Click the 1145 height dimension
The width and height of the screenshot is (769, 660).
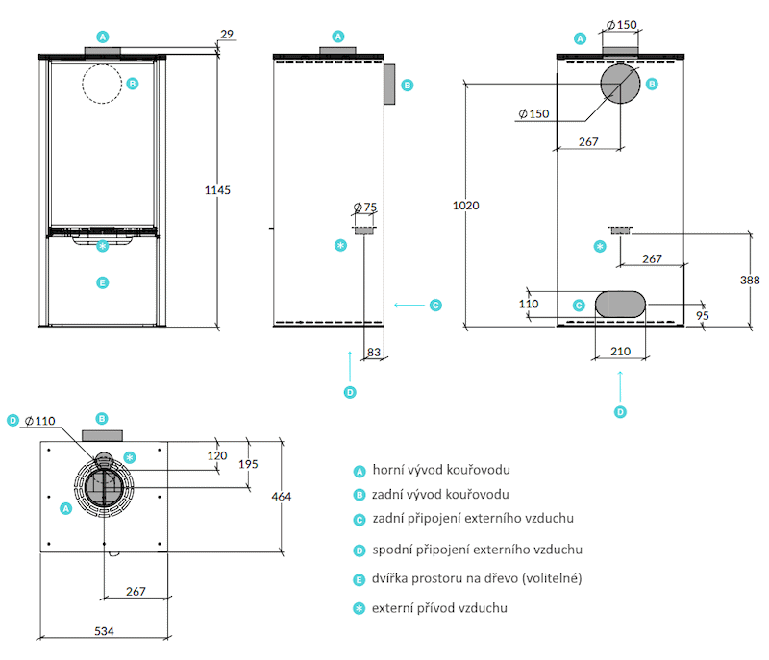[217, 190]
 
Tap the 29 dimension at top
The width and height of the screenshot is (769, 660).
[227, 34]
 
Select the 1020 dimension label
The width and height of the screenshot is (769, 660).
[465, 206]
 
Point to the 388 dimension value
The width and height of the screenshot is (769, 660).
[750, 280]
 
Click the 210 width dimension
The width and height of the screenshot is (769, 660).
[620, 352]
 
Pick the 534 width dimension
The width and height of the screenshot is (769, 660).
[104, 631]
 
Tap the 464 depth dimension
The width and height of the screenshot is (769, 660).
[281, 497]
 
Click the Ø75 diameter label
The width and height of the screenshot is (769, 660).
[365, 208]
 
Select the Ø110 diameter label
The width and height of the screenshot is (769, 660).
[40, 421]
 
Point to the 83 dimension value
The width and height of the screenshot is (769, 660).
[374, 352]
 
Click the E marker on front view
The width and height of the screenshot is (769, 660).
[103, 282]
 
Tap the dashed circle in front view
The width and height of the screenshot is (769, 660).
[102, 84]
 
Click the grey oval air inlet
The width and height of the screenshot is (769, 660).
[620, 305]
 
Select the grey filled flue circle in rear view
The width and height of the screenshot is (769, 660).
[620, 84]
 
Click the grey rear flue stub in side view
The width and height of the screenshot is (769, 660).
[389, 85]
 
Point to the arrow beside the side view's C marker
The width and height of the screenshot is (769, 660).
[409, 306]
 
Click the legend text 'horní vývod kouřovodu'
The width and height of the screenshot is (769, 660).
[441, 470]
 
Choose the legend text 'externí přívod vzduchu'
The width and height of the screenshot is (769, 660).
[440, 608]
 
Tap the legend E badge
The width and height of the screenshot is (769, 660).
[360, 580]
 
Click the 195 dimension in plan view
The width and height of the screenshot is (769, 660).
[248, 464]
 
